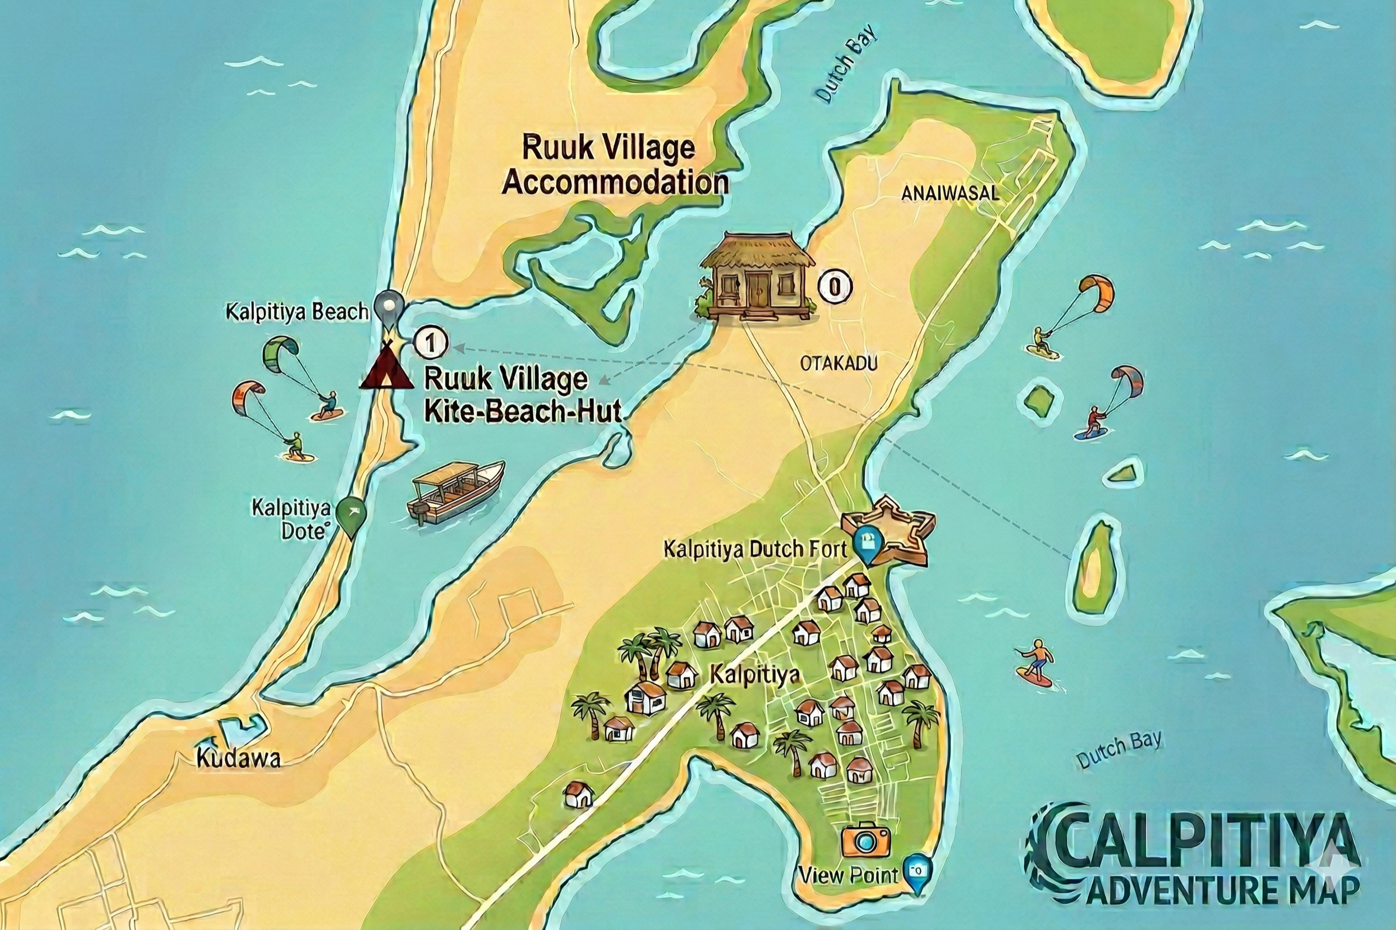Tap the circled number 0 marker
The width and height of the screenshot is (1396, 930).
coord(835,287)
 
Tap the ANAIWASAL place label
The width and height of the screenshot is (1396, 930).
coord(950,193)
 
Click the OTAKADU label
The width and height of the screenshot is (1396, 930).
coord(838,363)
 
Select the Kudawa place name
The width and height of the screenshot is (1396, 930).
coord(238,758)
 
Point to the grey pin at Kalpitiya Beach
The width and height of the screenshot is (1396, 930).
coord(389,308)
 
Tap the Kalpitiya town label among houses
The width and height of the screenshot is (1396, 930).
coord(755,675)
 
